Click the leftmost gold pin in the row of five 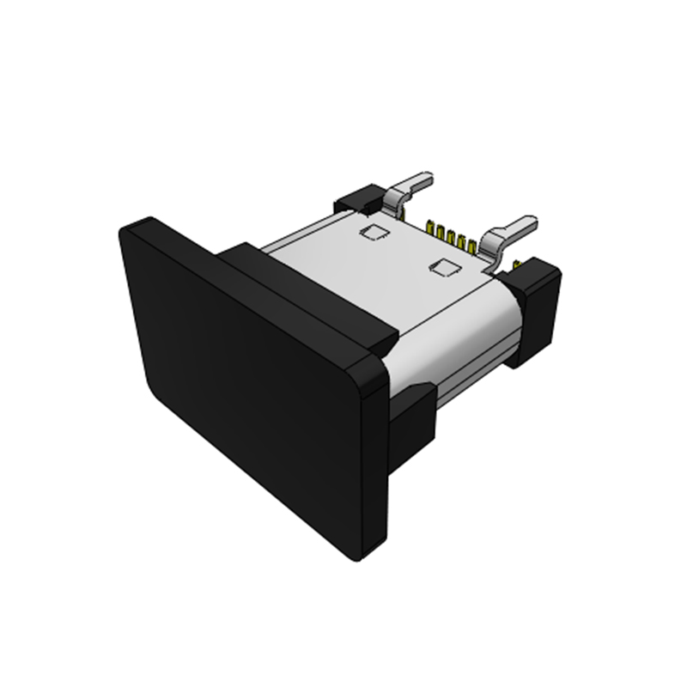429,228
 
